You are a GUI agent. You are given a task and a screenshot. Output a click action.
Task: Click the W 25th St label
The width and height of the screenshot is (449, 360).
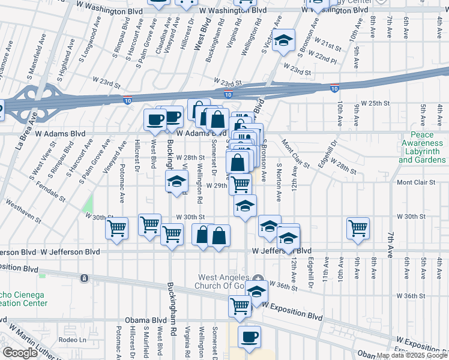[371, 103]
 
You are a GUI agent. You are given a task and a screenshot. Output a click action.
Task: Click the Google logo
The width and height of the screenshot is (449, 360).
[20, 353]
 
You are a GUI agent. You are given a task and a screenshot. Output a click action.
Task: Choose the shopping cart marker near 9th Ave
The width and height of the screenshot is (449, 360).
[358, 227]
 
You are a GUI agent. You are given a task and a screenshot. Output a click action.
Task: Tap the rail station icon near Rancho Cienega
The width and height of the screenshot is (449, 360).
[85, 278]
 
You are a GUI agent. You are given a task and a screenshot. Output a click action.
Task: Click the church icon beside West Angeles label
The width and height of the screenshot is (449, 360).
[258, 278]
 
